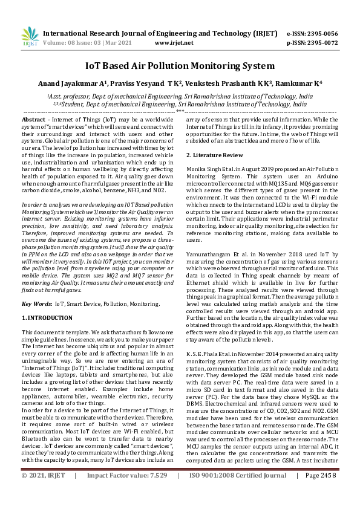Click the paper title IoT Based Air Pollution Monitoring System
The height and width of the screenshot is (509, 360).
pos(180,65)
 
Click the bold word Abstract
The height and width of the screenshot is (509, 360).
pos(34,120)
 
